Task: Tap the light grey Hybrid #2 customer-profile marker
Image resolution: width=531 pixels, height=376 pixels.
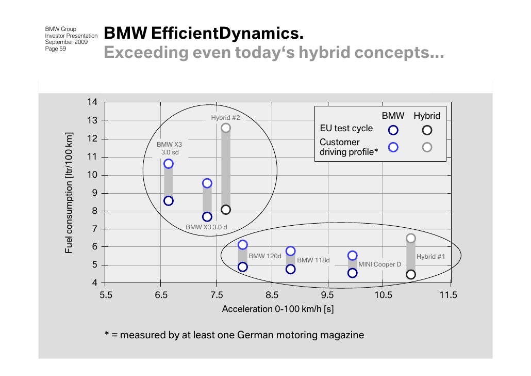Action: coord(226,128)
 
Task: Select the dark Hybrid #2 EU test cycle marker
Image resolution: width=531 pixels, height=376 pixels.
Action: coord(226,209)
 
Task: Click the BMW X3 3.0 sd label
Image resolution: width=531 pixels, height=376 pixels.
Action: coord(169,149)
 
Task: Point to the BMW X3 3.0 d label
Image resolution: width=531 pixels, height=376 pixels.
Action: coord(206,227)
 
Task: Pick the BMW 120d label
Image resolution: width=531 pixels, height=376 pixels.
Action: coord(265,256)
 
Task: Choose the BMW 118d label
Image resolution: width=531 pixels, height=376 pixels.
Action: coord(313,260)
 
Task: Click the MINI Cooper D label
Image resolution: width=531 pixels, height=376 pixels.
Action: coord(379,264)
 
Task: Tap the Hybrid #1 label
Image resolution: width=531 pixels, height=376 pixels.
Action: coord(430,256)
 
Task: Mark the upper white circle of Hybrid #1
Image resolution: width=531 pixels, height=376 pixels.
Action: coord(411,238)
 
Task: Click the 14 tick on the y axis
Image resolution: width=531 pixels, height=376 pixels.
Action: coord(92,102)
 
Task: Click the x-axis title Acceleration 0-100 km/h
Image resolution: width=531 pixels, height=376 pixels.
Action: coord(277,309)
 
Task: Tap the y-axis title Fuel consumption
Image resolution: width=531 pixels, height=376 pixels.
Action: coord(69,193)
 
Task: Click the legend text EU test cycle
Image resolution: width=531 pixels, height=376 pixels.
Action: coord(346,129)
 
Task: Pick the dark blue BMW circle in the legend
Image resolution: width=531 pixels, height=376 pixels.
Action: coord(393,130)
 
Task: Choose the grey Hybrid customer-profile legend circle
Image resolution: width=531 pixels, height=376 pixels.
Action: coord(427,147)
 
